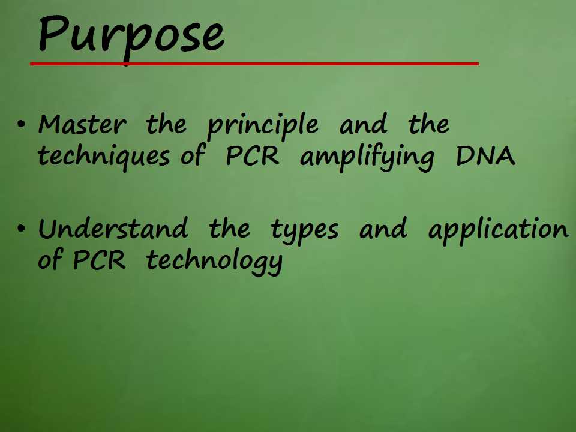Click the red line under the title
(254, 64)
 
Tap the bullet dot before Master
(22, 124)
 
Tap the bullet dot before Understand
(22, 228)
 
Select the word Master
(82, 124)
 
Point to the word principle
(263, 126)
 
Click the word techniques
(104, 157)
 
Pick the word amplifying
(367, 158)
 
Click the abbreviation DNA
(485, 156)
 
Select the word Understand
(113, 228)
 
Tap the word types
(305, 230)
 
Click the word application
(499, 230)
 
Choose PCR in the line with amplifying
(253, 156)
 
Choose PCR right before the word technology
(99, 260)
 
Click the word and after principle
(363, 124)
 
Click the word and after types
(383, 228)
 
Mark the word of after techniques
(193, 156)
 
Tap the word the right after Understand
(229, 228)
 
